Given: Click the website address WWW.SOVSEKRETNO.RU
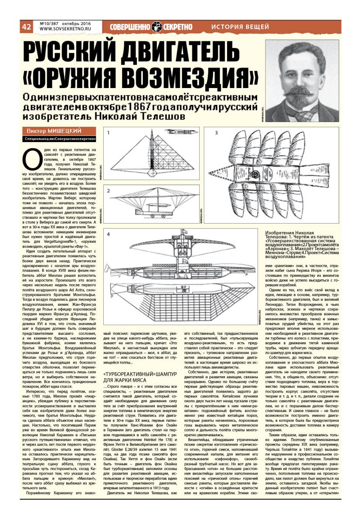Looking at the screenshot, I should tap(64, 30).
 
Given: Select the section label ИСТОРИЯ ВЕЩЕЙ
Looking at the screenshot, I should tap(240, 27).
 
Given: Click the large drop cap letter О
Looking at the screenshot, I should tap(31, 158).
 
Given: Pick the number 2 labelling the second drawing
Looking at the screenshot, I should tap(109, 190).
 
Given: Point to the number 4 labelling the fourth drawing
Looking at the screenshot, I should tap(109, 236).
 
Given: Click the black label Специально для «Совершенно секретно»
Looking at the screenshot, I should tap(60, 139).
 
